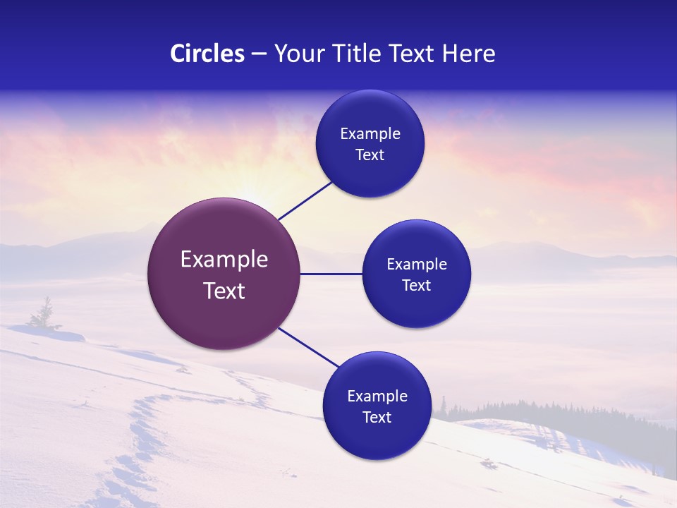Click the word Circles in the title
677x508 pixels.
tap(207, 54)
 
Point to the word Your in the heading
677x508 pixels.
tap(297, 54)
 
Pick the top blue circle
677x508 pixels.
tap(370, 113)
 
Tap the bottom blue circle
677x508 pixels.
tap(377, 437)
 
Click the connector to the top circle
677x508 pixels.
tap(305, 200)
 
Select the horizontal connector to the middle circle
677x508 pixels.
tap(331, 274)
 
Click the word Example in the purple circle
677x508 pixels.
tap(224, 260)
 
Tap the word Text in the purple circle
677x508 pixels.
tap(224, 291)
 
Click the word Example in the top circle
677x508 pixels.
tap(370, 134)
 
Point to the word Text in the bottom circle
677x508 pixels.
tap(377, 418)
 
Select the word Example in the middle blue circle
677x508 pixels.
tap(417, 265)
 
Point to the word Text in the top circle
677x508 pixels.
tap(370, 155)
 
